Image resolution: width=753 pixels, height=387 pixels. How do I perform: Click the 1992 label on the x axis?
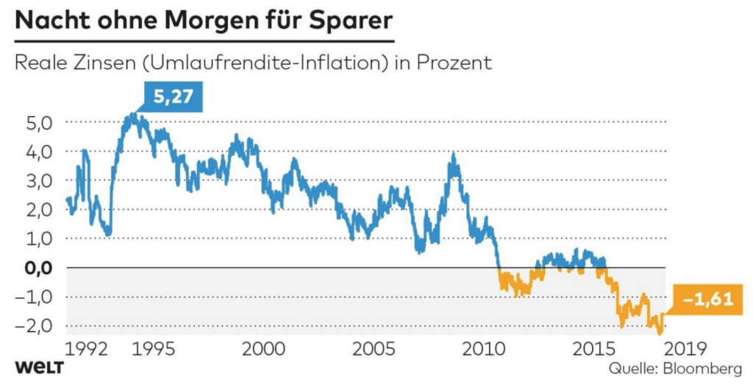click(x=85, y=347)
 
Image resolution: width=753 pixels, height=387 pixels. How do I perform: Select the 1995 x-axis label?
click(x=154, y=347)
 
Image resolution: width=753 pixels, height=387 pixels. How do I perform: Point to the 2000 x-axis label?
click(x=263, y=347)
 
